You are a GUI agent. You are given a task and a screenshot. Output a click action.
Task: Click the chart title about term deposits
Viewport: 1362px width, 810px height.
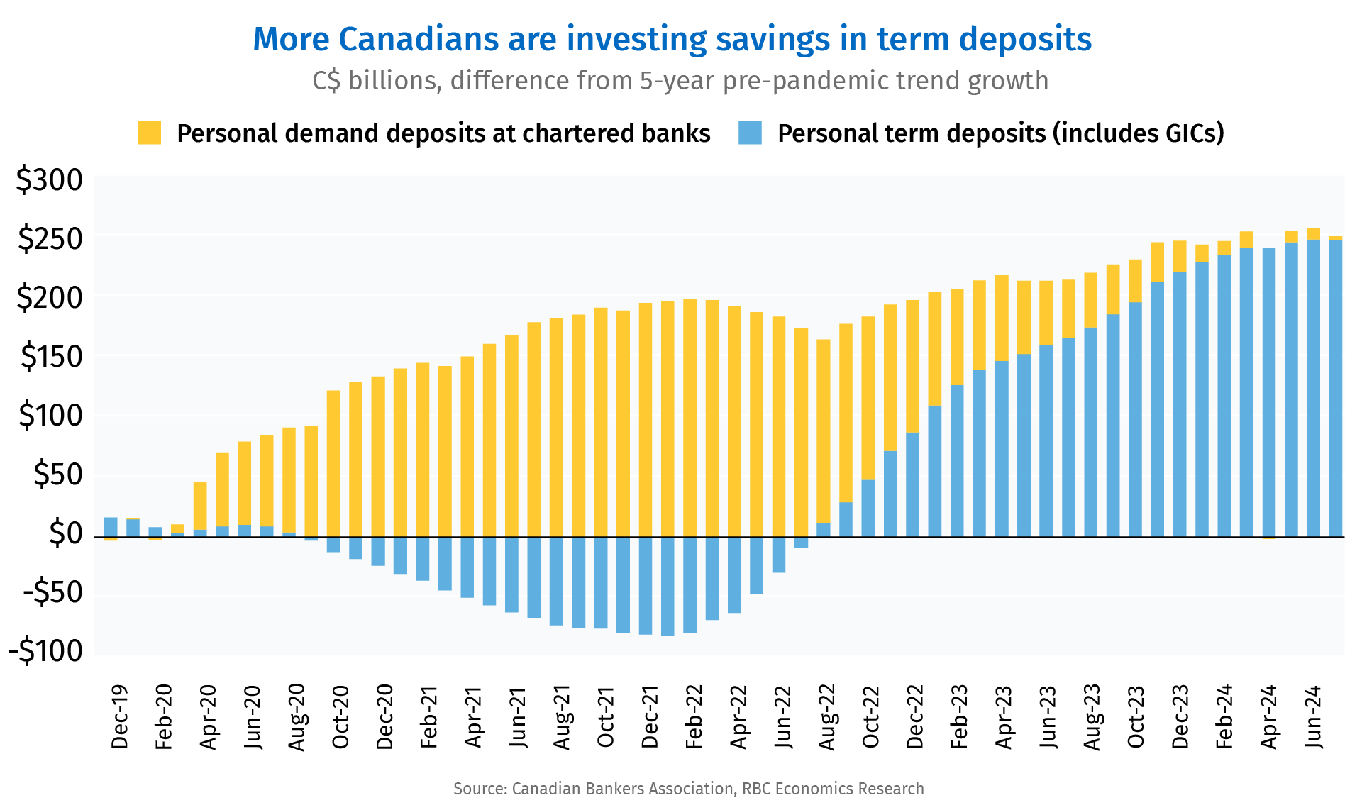click(x=672, y=40)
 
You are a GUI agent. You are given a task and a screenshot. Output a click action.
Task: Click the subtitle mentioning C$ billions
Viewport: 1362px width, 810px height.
click(x=680, y=81)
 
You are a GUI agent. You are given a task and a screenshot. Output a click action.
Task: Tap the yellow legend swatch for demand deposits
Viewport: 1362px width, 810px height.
click(x=149, y=133)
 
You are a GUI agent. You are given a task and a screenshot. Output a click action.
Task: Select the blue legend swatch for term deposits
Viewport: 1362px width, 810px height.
click(x=750, y=133)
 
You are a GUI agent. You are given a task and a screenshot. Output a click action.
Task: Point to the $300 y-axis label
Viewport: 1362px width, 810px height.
click(x=50, y=181)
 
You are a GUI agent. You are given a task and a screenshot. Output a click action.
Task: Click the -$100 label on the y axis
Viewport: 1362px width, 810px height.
click(x=46, y=651)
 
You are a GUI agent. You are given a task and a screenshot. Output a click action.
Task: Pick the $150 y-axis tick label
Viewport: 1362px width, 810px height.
click(x=50, y=357)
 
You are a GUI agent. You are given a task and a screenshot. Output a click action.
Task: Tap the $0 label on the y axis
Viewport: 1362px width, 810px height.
click(x=65, y=533)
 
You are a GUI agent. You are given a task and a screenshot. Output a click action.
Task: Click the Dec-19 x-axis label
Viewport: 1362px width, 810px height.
click(x=119, y=716)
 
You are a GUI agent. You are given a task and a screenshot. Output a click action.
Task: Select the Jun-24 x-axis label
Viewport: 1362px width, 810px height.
click(x=1313, y=716)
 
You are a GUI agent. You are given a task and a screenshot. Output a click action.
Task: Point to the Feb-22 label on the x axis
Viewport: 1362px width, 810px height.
click(x=694, y=716)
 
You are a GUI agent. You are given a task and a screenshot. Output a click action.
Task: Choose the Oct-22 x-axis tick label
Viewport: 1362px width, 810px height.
click(x=870, y=716)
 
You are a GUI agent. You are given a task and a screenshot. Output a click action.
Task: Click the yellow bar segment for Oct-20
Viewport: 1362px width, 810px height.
click(x=333, y=463)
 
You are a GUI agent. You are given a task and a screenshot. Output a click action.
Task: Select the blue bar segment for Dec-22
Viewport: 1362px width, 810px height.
click(x=913, y=484)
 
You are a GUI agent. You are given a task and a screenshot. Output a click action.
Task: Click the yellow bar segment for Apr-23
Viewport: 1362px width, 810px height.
click(x=1002, y=318)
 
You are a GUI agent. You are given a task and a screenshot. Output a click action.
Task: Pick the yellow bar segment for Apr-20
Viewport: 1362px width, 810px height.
click(x=200, y=506)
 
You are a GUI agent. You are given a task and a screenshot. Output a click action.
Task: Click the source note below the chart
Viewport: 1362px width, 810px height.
click(x=688, y=789)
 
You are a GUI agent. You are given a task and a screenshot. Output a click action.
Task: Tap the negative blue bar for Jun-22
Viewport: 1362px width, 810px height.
click(x=779, y=554)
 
